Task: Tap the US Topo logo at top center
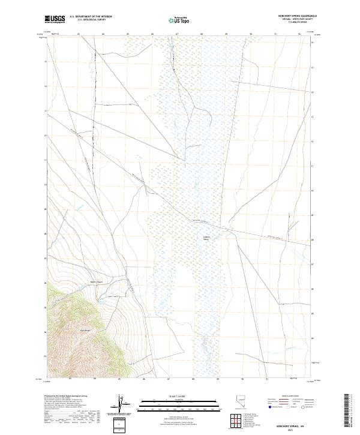pyautogui.click(x=179, y=20)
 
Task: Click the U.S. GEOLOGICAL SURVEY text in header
pyautogui.click(x=94, y=20)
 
